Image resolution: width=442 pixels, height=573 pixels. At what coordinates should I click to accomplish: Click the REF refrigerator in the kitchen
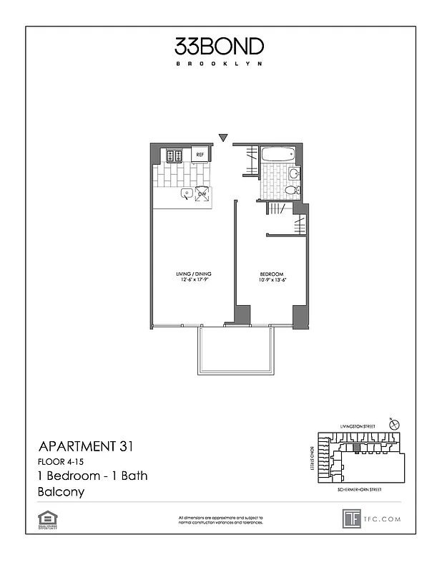pyautogui.click(x=201, y=155)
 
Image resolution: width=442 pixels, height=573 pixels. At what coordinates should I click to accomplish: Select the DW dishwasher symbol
pyautogui.click(x=202, y=193)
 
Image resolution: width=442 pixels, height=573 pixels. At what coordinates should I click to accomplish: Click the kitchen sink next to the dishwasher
pyautogui.click(x=185, y=193)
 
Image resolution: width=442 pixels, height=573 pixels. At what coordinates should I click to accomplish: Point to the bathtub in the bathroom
pyautogui.click(x=278, y=154)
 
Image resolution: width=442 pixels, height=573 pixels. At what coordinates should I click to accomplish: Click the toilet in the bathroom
pyautogui.click(x=291, y=190)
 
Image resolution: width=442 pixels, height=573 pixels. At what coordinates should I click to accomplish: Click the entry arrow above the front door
pyautogui.click(x=223, y=138)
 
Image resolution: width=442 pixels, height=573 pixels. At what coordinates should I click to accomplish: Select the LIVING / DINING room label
pyautogui.click(x=193, y=274)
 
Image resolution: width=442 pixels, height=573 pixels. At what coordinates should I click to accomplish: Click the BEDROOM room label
pyautogui.click(x=272, y=274)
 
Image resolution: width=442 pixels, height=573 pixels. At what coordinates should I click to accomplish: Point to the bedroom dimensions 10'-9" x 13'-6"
pyautogui.click(x=272, y=281)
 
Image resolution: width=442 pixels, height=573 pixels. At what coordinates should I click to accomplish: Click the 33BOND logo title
pyautogui.click(x=220, y=47)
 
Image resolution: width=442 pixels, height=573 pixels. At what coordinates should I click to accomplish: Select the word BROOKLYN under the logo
pyautogui.click(x=220, y=63)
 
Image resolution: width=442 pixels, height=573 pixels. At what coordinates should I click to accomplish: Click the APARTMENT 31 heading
pyautogui.click(x=85, y=447)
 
